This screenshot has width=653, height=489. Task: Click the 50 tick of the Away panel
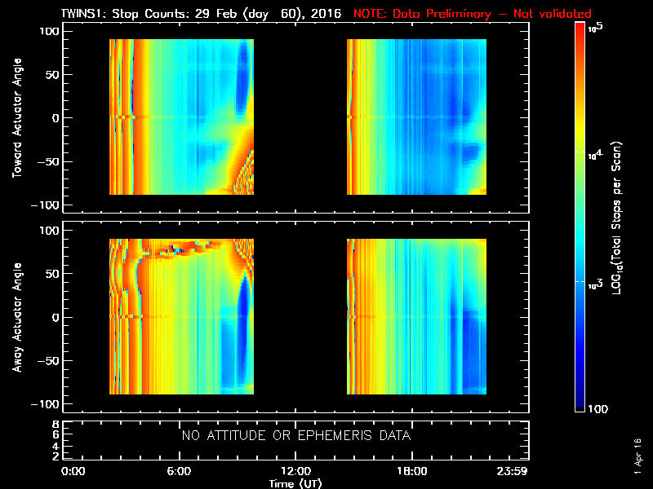coord(51,274)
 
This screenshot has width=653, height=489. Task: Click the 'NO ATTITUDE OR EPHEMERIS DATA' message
coord(295,436)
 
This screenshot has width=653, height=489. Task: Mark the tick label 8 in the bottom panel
coord(56,425)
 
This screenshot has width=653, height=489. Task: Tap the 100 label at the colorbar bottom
coord(600,407)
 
